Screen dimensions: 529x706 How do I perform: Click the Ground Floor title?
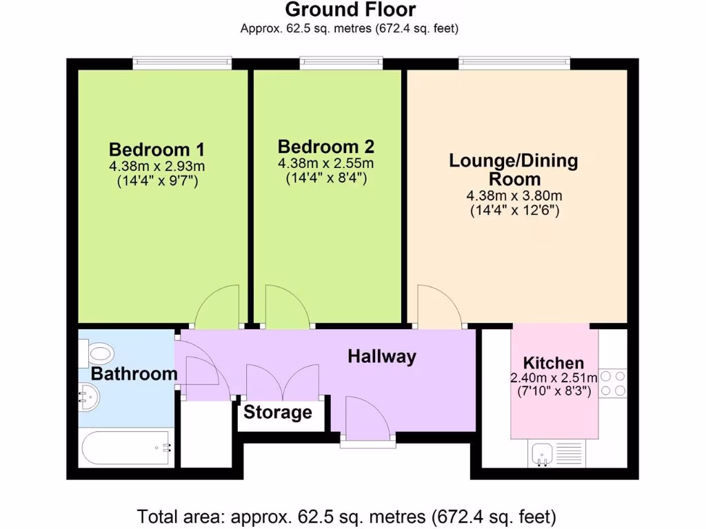click(x=350, y=10)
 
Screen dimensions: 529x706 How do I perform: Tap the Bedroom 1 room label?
click(x=157, y=149)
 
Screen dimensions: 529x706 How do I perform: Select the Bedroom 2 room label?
click(x=325, y=147)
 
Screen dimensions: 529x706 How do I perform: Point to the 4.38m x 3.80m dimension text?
click(x=514, y=196)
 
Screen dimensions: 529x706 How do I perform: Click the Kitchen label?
click(x=554, y=363)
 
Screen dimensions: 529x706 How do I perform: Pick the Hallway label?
click(x=381, y=356)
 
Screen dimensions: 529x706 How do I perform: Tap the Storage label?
click(x=278, y=413)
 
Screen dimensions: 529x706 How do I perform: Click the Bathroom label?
click(x=134, y=374)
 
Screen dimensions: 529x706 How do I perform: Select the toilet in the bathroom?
click(x=96, y=354)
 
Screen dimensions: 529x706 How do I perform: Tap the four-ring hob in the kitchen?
click(x=612, y=384)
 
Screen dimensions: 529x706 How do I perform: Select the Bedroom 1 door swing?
click(x=217, y=309)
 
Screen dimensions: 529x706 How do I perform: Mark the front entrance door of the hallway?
click(x=367, y=421)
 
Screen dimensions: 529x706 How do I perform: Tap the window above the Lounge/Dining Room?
click(x=514, y=63)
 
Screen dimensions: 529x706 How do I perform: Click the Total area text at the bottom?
click(x=347, y=516)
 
